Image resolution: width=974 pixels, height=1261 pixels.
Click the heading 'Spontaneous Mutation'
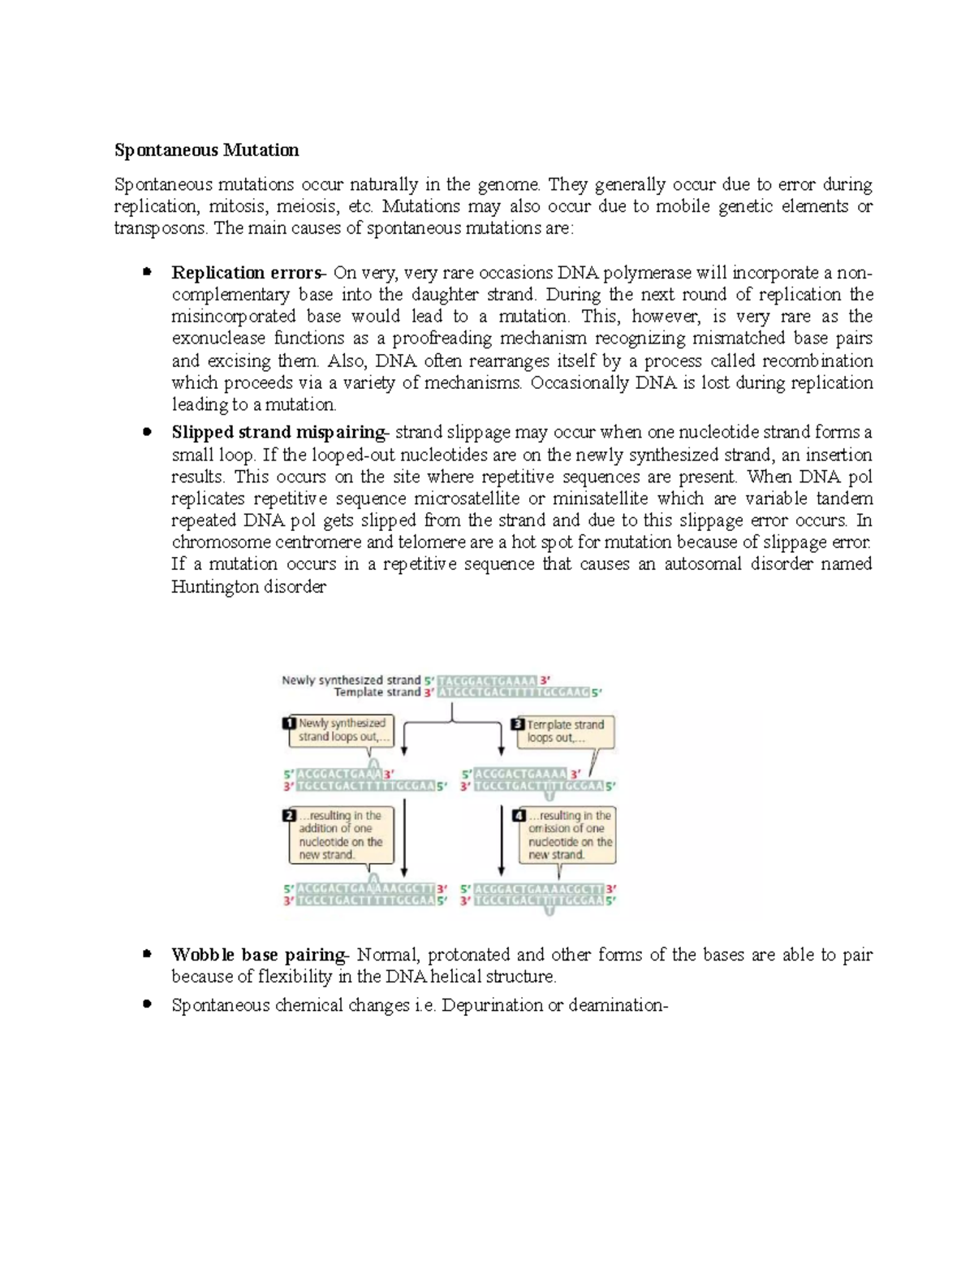click(206, 150)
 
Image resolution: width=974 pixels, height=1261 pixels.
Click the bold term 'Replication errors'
click(246, 273)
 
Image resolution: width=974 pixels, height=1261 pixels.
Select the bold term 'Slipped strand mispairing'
click(278, 433)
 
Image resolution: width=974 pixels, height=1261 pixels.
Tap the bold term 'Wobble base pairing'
click(258, 955)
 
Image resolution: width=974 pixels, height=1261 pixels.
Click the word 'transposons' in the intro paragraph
click(159, 228)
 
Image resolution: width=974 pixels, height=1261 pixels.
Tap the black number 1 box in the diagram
click(289, 723)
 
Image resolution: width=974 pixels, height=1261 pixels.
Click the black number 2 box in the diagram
click(289, 815)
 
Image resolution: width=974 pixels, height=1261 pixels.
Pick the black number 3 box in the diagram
click(518, 723)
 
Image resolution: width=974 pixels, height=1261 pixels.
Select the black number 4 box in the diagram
click(519, 815)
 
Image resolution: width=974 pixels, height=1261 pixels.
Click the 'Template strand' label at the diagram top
click(377, 693)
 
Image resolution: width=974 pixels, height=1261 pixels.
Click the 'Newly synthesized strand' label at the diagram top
click(351, 680)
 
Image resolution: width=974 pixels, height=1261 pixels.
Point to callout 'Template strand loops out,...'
click(566, 731)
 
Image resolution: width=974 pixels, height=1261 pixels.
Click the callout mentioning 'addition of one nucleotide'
click(341, 836)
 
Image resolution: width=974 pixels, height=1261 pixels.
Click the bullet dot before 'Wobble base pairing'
click(147, 954)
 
